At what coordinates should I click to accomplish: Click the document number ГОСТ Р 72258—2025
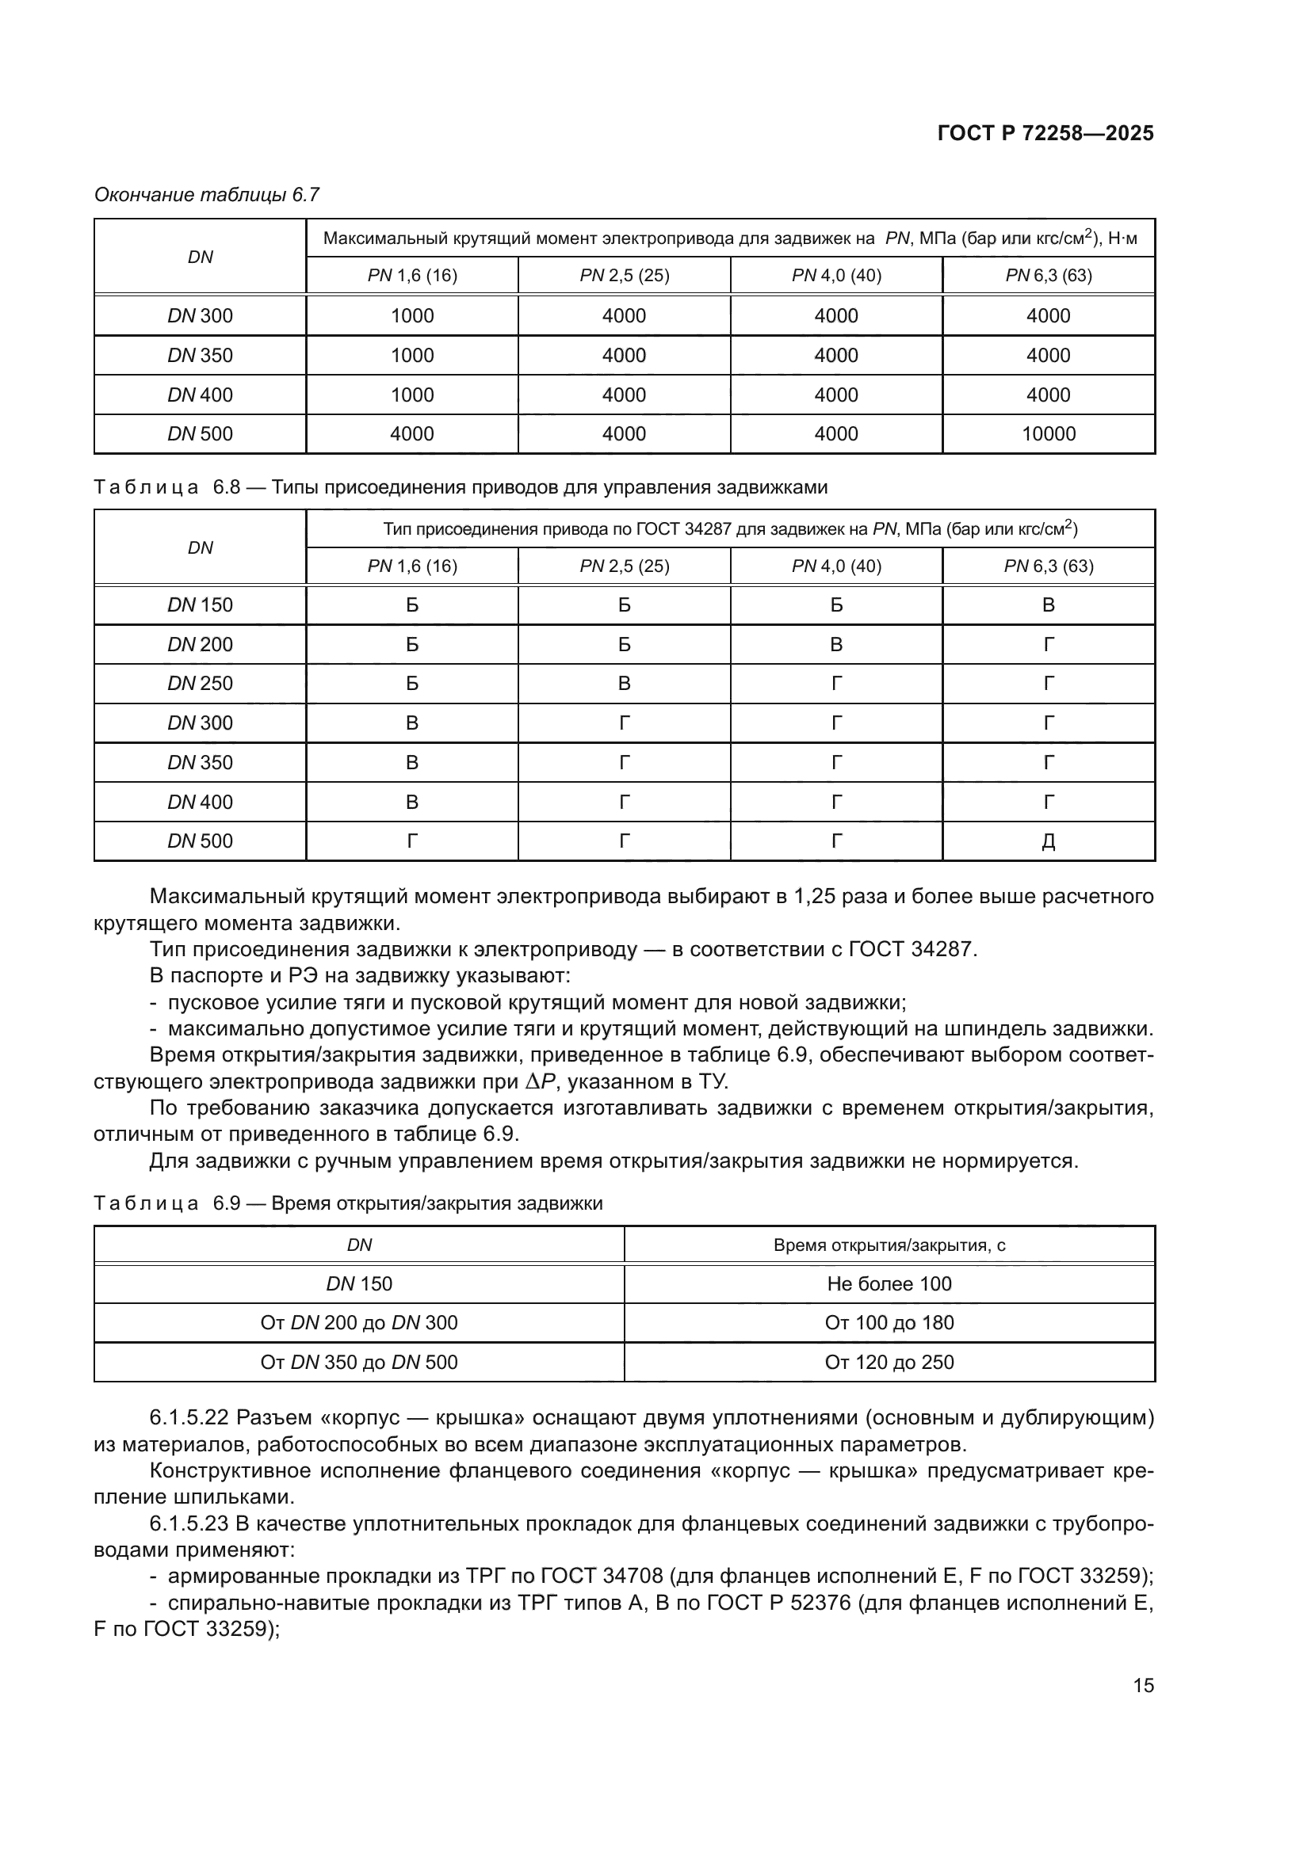pyautogui.click(x=1045, y=134)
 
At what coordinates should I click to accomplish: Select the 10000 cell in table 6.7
pyautogui.click(x=1048, y=434)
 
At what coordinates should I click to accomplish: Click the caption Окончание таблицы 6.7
pyautogui.click(x=207, y=195)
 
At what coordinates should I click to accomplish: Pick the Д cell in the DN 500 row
pyautogui.click(x=1048, y=842)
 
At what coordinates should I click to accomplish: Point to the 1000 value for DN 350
pyautogui.click(x=411, y=355)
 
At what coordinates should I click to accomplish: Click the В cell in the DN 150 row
pyautogui.click(x=1048, y=605)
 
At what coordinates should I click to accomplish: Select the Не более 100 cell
pyautogui.click(x=889, y=1284)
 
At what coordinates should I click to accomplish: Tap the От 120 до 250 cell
pyautogui.click(x=889, y=1363)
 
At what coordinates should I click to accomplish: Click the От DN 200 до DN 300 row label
pyautogui.click(x=358, y=1324)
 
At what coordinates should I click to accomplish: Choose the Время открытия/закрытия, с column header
pyautogui.click(x=889, y=1245)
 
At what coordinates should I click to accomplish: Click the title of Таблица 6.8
pyautogui.click(x=461, y=487)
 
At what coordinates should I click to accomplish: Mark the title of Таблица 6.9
pyautogui.click(x=348, y=1203)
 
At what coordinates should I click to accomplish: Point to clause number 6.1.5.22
pyautogui.click(x=189, y=1418)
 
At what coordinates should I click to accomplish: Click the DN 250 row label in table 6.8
pyautogui.click(x=201, y=684)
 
